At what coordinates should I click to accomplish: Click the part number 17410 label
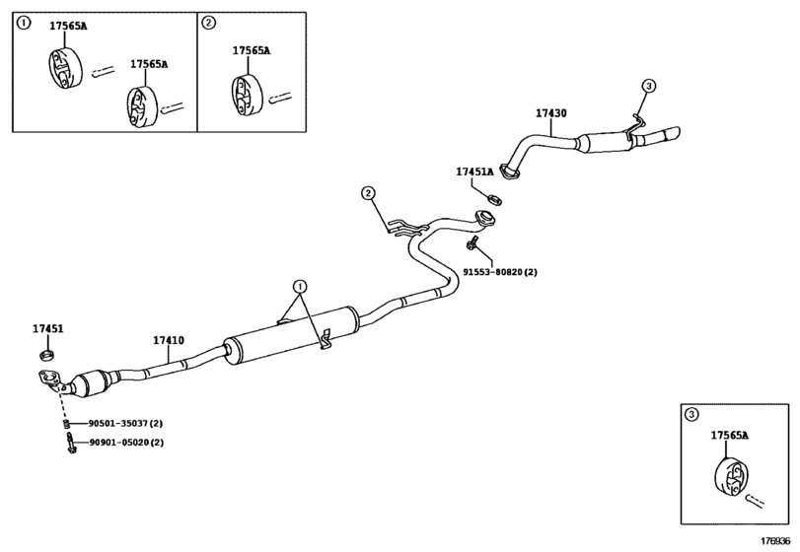[169, 340]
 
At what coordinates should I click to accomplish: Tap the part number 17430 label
[551, 113]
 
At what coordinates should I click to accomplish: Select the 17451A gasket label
[474, 172]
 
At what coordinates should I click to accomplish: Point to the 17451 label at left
[48, 329]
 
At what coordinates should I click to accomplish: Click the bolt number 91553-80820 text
[493, 272]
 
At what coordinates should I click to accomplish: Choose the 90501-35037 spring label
[118, 423]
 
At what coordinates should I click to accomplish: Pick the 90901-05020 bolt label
[119, 443]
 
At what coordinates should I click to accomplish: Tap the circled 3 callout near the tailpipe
[648, 86]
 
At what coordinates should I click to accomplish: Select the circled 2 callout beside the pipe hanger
[368, 192]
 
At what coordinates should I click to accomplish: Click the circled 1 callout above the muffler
[301, 286]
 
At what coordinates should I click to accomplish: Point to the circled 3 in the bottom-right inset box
[691, 415]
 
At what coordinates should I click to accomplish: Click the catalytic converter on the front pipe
[91, 384]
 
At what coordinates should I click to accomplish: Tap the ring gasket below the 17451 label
[47, 353]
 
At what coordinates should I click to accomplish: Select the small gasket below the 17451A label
[495, 199]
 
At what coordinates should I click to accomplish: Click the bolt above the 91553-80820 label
[472, 243]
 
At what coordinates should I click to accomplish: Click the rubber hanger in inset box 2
[248, 95]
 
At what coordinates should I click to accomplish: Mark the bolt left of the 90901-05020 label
[71, 444]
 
